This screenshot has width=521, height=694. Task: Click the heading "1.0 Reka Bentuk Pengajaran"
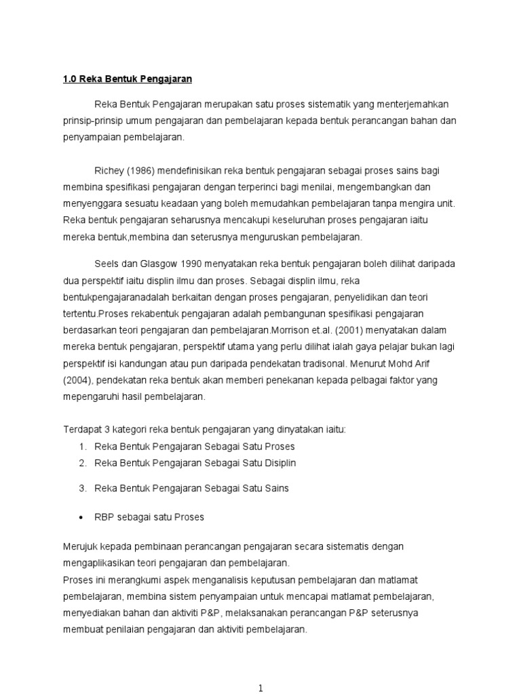[128, 79]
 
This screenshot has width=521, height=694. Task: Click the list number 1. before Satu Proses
[82, 447]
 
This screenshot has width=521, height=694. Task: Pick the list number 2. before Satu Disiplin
[82, 463]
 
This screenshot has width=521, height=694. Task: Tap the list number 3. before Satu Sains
[82, 488]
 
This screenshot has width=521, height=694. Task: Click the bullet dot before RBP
[81, 517]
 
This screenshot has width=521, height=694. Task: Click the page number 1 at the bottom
[260, 688]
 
